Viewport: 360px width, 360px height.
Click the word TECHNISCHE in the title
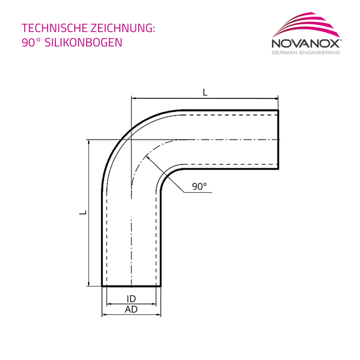coord(54,28)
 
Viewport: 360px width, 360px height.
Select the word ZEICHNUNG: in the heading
coord(123,28)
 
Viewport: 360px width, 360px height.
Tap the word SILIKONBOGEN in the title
coord(83,42)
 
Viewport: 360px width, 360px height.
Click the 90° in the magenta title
coord(31,42)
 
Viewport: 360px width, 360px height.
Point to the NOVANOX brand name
coord(306,43)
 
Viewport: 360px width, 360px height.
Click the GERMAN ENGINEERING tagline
coord(306,53)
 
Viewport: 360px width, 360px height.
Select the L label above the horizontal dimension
coord(205,92)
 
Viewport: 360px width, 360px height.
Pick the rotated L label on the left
coord(83,212)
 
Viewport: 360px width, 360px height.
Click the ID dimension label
coord(131,299)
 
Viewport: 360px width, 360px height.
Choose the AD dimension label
coord(131,310)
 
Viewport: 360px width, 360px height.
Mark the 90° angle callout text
coord(199,186)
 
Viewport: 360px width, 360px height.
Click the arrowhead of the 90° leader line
coord(148,157)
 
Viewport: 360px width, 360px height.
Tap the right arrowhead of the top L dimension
coord(276,99)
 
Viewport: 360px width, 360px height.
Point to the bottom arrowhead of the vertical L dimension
coord(89,284)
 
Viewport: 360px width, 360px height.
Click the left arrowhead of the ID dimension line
coord(109,304)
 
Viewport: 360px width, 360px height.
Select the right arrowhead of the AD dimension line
coord(158,315)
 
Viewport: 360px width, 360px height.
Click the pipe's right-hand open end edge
coord(278,139)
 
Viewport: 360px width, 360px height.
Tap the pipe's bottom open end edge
coord(131,286)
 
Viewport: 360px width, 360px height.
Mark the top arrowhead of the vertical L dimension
coord(89,142)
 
